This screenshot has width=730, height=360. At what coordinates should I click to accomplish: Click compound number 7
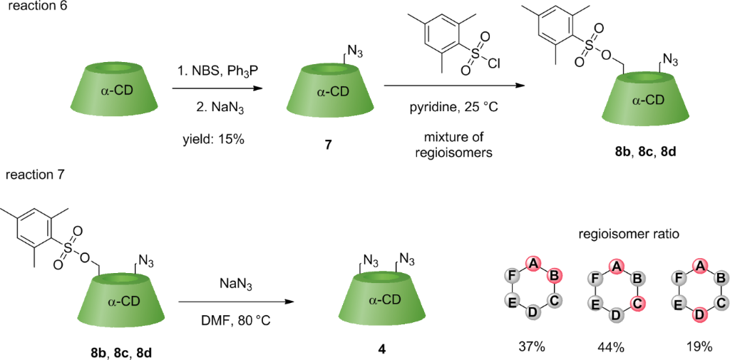328,145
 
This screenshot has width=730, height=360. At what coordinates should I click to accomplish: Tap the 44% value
610,347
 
